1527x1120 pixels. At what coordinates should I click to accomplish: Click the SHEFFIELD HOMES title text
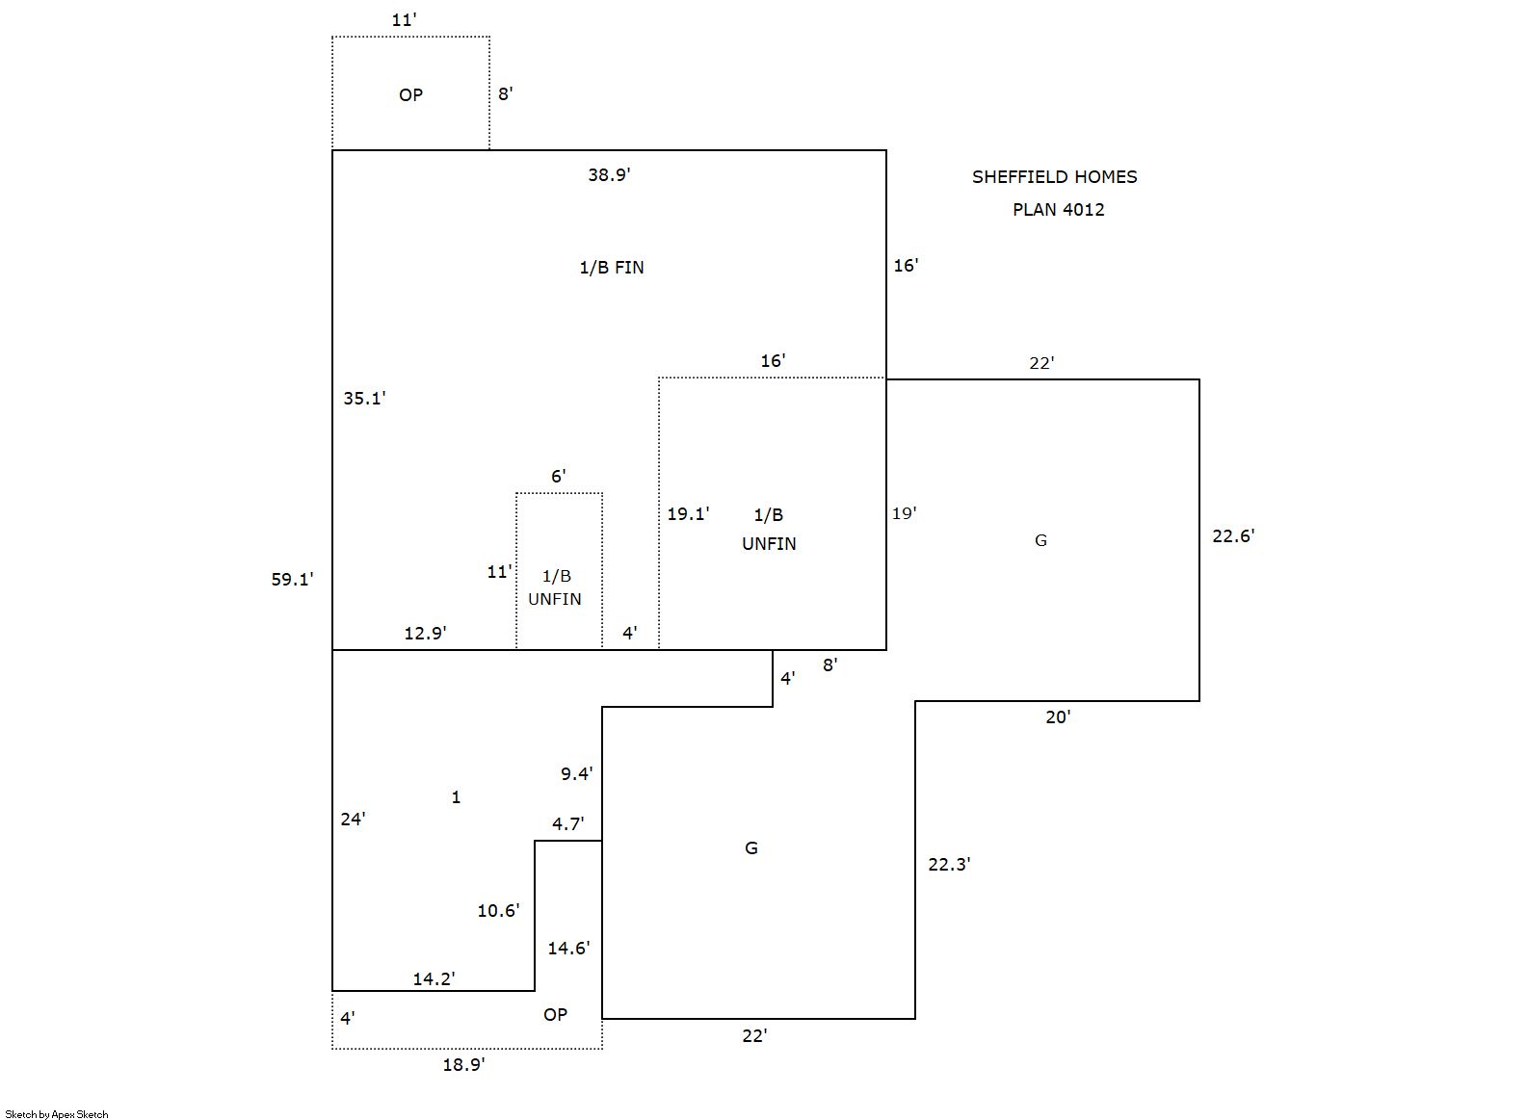tap(1054, 177)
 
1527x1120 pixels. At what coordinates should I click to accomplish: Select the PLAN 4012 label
tap(1058, 210)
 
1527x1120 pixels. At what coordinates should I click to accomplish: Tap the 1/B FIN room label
tap(611, 268)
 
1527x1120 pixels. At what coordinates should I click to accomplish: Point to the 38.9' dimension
tap(609, 175)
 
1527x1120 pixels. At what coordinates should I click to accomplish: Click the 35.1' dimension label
tap(364, 399)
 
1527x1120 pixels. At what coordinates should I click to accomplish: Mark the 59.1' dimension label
tap(292, 580)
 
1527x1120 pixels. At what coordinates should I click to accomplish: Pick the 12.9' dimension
tap(425, 634)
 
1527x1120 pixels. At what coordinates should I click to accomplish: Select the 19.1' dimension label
tap(688, 514)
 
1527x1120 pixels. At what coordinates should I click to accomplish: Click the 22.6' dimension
tap(1233, 536)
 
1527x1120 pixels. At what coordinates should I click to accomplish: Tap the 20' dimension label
tap(1058, 717)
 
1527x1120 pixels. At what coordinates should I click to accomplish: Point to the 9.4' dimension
tap(576, 773)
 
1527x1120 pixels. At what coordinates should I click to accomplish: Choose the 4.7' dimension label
tap(567, 824)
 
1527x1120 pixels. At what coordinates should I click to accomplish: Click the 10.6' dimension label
tap(498, 911)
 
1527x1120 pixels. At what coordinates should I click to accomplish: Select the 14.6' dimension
tap(567, 949)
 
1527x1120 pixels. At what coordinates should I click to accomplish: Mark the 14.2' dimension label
tap(434, 979)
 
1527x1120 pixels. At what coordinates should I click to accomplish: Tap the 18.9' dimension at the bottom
tap(463, 1065)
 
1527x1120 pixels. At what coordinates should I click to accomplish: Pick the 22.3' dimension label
tap(949, 865)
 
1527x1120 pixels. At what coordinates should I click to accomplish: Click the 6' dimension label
tap(558, 476)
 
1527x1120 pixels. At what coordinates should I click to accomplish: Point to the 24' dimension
tap(353, 820)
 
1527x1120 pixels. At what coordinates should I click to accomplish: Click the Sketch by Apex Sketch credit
tap(57, 1114)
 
